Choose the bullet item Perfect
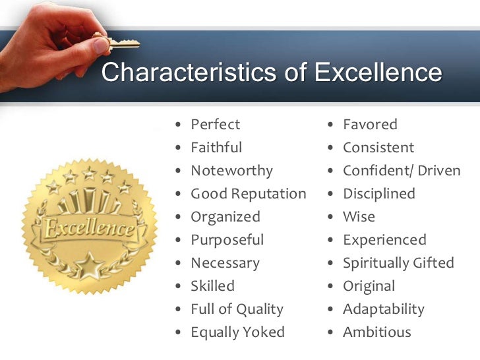click(215, 125)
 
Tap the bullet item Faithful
click(216, 148)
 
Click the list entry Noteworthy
click(231, 171)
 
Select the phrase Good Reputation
click(248, 194)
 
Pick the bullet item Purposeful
click(227, 240)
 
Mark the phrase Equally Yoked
click(237, 332)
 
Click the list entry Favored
click(370, 125)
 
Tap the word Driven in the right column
click(439, 171)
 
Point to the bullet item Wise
click(359, 217)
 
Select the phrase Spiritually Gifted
click(398, 263)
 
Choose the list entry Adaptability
click(383, 309)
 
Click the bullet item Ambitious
click(376, 332)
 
